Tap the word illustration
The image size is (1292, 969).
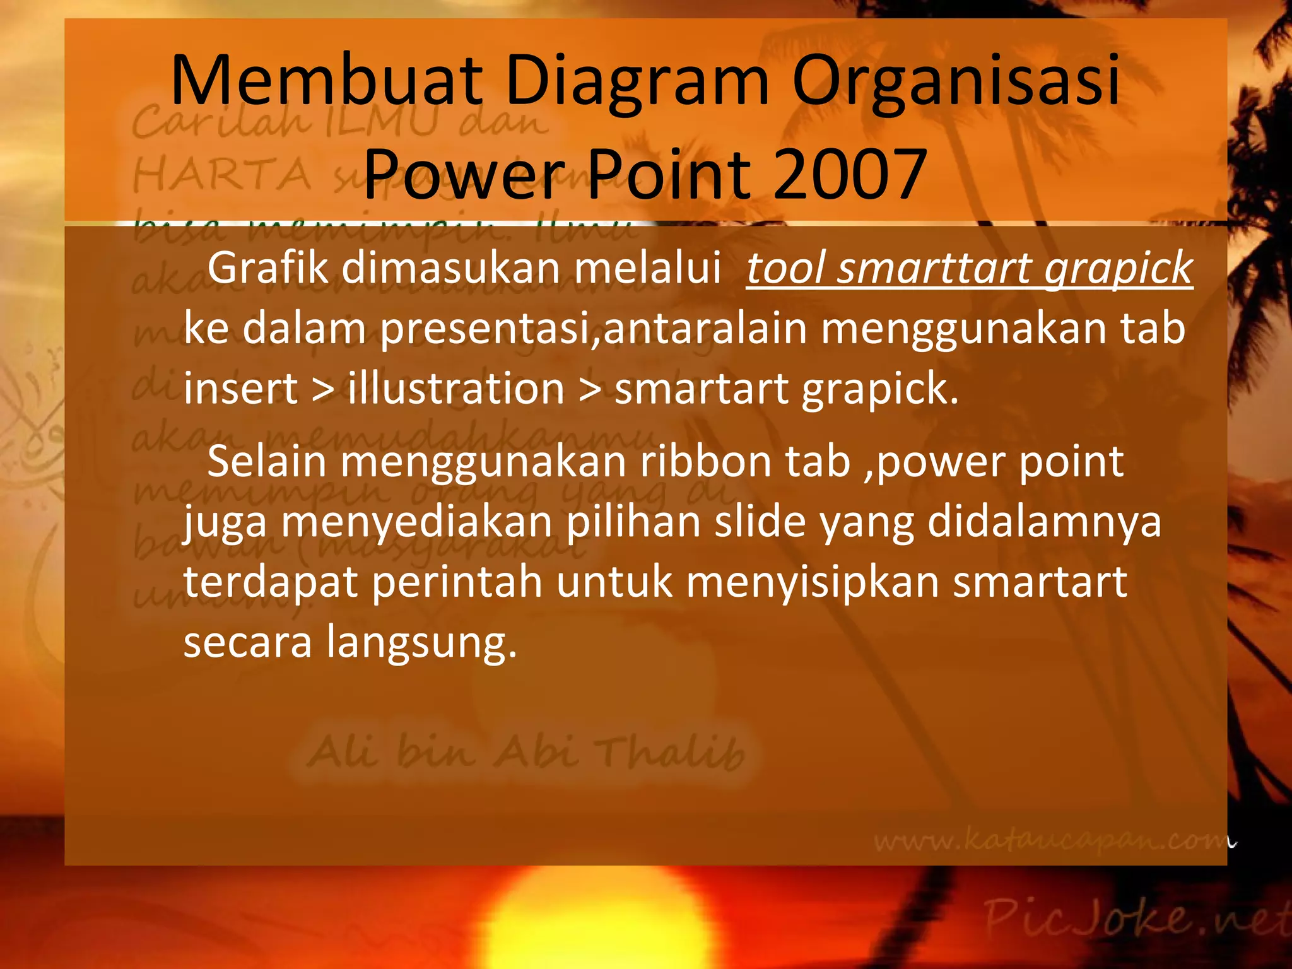[455, 389]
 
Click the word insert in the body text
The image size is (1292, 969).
[240, 389]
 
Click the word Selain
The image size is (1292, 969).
[266, 462]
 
